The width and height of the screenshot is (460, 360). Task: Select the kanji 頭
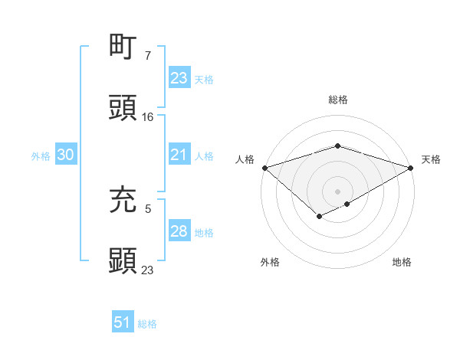click(x=123, y=108)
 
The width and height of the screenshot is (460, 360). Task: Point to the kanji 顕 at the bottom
click(x=123, y=260)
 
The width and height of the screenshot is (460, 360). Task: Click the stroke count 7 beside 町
click(x=148, y=56)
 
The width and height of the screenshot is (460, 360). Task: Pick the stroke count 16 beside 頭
click(x=148, y=117)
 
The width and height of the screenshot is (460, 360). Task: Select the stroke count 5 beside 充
click(x=148, y=208)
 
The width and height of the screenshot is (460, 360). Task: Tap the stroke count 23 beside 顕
click(x=148, y=270)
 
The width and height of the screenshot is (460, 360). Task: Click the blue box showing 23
click(x=179, y=78)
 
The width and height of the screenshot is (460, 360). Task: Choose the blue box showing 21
click(x=179, y=155)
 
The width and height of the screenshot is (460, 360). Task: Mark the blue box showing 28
click(x=179, y=231)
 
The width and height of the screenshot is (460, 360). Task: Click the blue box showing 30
click(x=65, y=155)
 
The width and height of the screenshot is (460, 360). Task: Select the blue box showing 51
click(x=122, y=323)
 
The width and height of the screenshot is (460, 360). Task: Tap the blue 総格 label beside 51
click(x=147, y=324)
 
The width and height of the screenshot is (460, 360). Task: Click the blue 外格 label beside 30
click(x=41, y=156)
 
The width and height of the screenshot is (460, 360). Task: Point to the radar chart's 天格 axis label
click(x=431, y=159)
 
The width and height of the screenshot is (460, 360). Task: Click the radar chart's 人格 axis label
click(x=245, y=159)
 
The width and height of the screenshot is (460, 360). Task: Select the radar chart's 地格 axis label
click(x=402, y=263)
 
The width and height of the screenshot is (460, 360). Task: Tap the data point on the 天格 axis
click(x=411, y=167)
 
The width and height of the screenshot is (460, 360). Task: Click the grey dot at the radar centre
click(x=337, y=191)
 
